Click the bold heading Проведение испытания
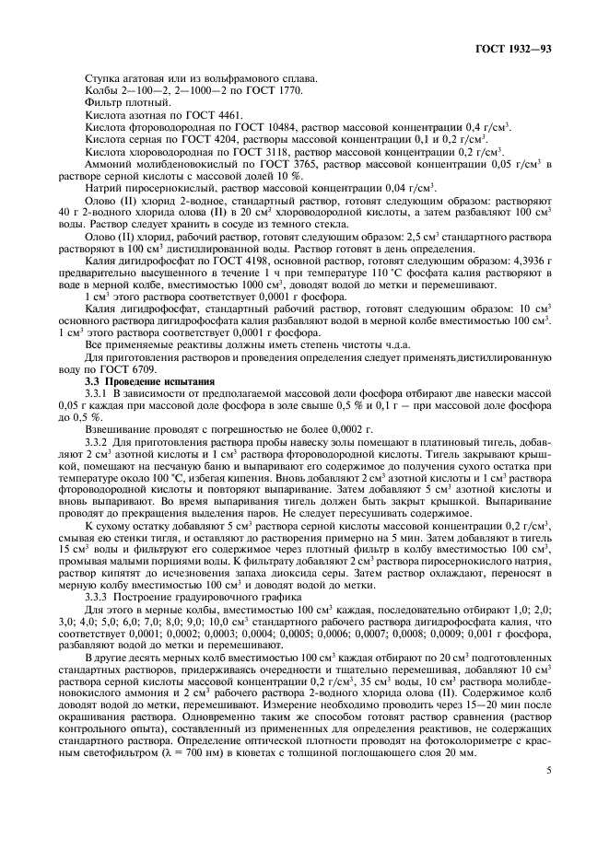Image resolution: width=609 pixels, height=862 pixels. pyautogui.click(x=160, y=379)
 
